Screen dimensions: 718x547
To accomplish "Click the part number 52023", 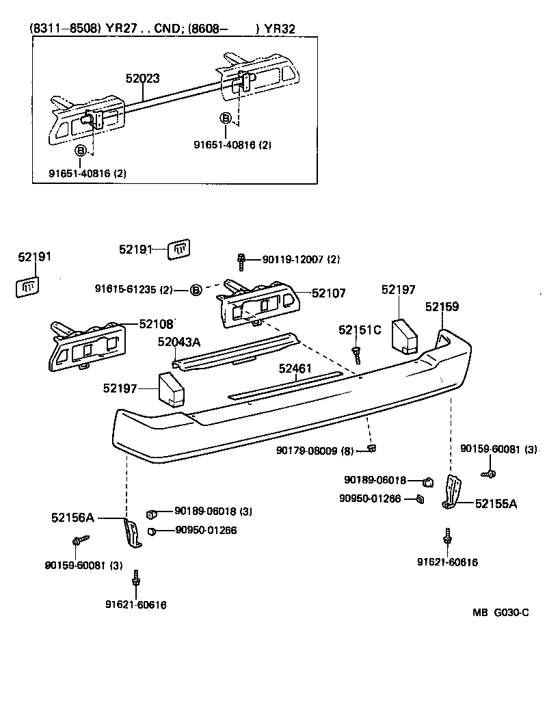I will (142, 79).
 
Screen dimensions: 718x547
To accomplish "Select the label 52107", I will (329, 293).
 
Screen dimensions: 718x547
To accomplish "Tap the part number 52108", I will (157, 323).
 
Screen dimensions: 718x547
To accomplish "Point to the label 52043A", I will (180, 342).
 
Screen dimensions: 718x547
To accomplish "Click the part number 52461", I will (295, 369).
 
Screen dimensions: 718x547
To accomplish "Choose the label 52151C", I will (360, 330).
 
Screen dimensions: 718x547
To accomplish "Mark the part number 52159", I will (442, 307).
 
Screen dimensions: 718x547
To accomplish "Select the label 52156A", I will (72, 518).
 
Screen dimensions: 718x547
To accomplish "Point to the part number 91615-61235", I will (133, 290).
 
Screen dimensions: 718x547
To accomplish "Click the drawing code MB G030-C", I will (500, 612).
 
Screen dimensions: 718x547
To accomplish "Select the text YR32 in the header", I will (282, 29).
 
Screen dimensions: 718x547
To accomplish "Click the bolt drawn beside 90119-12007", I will (241, 259).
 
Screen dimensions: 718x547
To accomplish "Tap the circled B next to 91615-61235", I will (196, 290).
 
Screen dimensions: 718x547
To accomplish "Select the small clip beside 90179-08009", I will (371, 448).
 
